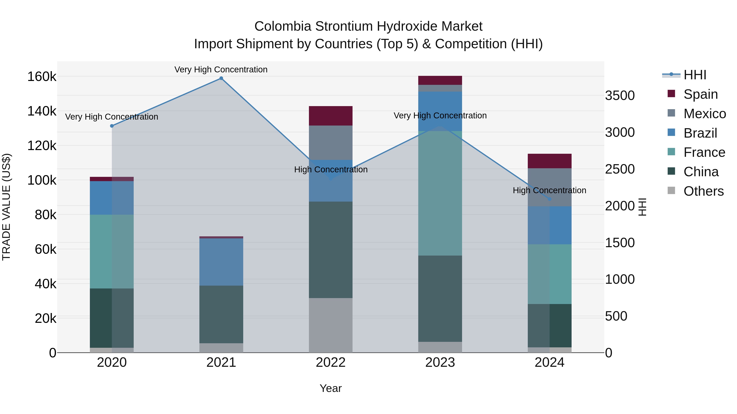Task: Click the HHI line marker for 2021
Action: click(221, 78)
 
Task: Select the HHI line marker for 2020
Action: click(112, 126)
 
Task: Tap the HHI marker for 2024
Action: click(550, 199)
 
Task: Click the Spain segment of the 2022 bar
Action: click(331, 116)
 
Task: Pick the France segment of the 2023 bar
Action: click(440, 193)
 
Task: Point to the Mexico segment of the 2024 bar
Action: click(550, 187)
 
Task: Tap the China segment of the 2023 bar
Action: click(440, 298)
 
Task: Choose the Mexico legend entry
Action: click(705, 114)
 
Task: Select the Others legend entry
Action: click(703, 191)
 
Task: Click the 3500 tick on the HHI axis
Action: click(620, 95)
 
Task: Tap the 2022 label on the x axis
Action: click(331, 362)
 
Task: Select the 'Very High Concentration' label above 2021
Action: click(221, 70)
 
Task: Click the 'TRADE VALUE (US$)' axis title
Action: click(6, 207)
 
